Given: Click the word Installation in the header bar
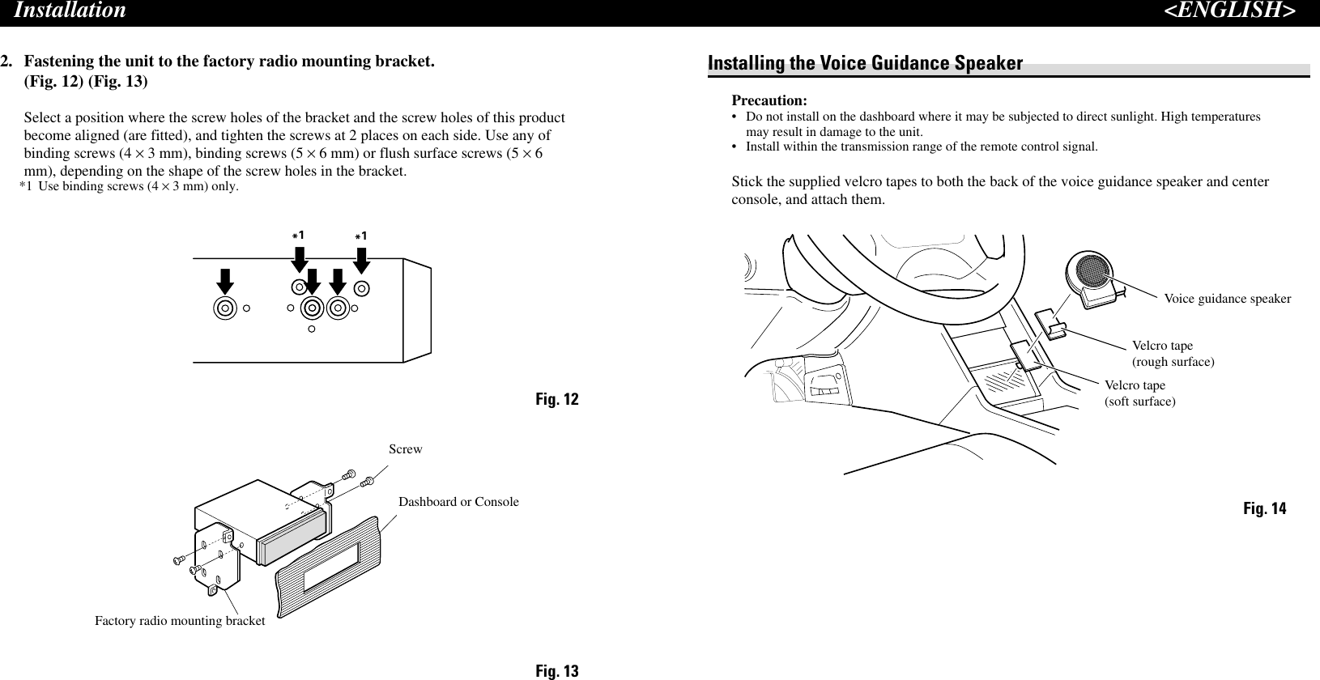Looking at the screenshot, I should click(70, 11).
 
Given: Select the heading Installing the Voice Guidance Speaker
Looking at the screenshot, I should click(865, 63).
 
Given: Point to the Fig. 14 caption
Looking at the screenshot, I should click(1264, 509).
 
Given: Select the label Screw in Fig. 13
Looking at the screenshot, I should click(405, 449).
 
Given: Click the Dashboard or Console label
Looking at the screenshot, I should click(458, 502).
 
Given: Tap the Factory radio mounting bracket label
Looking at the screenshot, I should click(180, 621).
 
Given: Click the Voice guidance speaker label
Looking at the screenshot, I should click(1227, 300).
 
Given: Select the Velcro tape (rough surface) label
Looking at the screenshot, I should click(1172, 354).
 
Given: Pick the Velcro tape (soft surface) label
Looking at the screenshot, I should click(1139, 393).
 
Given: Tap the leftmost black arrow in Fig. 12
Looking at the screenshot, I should click(225, 281).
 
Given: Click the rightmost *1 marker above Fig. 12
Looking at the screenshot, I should click(361, 236).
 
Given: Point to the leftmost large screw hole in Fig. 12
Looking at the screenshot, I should click(224, 308).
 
